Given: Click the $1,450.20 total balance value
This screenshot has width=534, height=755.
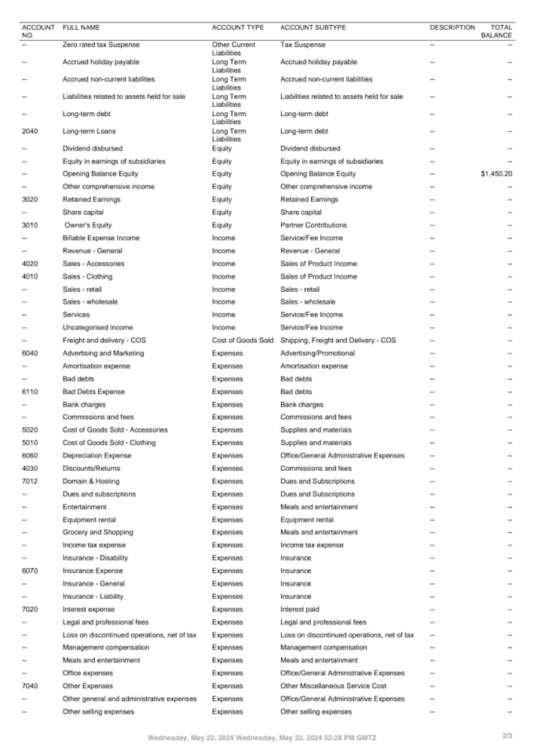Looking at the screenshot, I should pyautogui.click(x=496, y=173).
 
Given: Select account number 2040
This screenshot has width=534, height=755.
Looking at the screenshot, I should pyautogui.click(x=30, y=131).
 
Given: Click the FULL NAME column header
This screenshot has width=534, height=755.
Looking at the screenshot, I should pyautogui.click(x=82, y=27).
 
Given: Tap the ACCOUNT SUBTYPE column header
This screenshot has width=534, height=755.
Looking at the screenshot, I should pyautogui.click(x=313, y=27).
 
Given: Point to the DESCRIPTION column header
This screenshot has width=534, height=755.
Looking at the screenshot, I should pyautogui.click(x=452, y=27).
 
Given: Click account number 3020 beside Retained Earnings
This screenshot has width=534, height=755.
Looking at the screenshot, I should pyautogui.click(x=30, y=199).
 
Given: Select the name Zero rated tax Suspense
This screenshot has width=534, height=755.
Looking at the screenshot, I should pyautogui.click(x=100, y=45).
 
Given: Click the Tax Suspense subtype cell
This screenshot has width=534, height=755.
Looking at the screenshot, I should pyautogui.click(x=302, y=45).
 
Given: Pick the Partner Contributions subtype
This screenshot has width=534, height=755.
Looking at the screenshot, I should pyautogui.click(x=313, y=225).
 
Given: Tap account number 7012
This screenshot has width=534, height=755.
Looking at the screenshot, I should pyautogui.click(x=30, y=481).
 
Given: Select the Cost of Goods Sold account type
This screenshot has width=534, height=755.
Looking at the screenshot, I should pyautogui.click(x=243, y=341).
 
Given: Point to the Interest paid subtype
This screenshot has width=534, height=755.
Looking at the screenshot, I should pyautogui.click(x=300, y=609).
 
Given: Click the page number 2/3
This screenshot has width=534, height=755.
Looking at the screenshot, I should pyautogui.click(x=507, y=735).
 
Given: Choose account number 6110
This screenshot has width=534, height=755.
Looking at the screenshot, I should pyautogui.click(x=30, y=392).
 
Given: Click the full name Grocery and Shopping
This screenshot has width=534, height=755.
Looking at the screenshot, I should pyautogui.click(x=98, y=532).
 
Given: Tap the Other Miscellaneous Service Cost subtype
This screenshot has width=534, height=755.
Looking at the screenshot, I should pyautogui.click(x=333, y=686).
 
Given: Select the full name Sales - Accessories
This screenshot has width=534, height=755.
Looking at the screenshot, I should pyautogui.click(x=93, y=264).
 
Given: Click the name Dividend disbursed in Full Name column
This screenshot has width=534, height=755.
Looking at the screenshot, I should pyautogui.click(x=93, y=148).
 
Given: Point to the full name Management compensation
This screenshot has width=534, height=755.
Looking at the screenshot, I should pyautogui.click(x=106, y=647).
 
